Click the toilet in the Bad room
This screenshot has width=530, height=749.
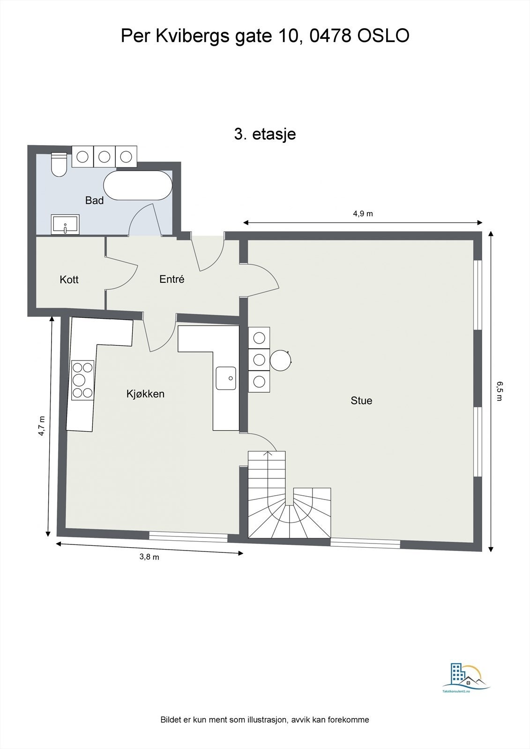click(x=59, y=164)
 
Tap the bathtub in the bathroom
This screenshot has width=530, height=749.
click(x=138, y=186)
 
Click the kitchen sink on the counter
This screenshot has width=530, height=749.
click(x=226, y=378)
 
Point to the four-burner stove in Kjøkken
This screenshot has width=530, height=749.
click(x=82, y=380)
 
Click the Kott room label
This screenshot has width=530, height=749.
click(x=69, y=280)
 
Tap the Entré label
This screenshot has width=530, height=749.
click(x=172, y=279)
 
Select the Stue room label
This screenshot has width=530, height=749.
click(x=361, y=401)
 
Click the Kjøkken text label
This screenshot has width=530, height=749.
click(x=145, y=394)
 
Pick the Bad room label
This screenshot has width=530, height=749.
click(x=94, y=201)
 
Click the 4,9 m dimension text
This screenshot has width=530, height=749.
click(x=363, y=214)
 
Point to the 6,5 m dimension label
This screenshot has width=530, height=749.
click(x=500, y=391)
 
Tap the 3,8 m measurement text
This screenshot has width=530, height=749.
click(x=149, y=557)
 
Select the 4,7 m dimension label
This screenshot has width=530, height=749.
click(x=42, y=426)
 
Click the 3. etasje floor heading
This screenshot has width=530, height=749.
click(x=265, y=134)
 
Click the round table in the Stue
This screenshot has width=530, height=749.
click(x=281, y=360)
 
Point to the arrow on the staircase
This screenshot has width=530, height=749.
click(x=268, y=453)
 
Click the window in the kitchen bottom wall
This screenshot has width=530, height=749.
click(x=188, y=537)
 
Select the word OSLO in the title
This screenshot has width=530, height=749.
click(x=383, y=36)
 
